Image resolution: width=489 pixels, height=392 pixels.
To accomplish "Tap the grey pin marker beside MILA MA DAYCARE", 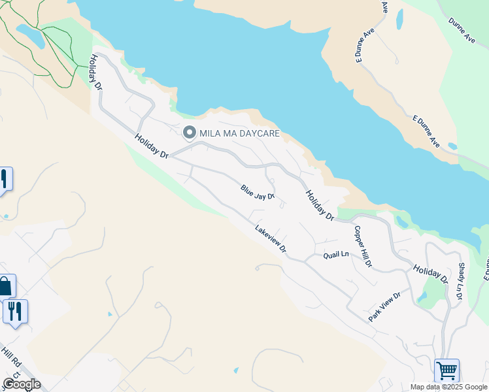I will click(x=190, y=133).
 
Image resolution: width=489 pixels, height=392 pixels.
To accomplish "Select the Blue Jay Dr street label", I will click(x=257, y=192).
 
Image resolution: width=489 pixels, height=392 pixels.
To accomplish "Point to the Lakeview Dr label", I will click(x=271, y=238).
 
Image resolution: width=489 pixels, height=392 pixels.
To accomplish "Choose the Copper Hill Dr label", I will click(x=363, y=247).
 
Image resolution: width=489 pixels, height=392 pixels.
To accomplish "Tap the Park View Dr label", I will click(x=384, y=307).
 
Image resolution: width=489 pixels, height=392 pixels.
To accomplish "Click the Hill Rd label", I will click(x=11, y=361).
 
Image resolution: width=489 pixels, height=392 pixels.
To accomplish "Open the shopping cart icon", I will click(x=447, y=371).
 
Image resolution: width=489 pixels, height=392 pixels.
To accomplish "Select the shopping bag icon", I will click(x=5, y=286).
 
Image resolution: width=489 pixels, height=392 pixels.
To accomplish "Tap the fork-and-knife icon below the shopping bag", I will click(x=15, y=311).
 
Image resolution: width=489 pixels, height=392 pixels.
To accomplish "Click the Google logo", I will click(x=21, y=384).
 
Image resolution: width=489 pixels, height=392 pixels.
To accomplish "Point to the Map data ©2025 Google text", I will click(x=448, y=387).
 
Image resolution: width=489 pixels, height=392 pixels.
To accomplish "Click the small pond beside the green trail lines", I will click(x=31, y=35).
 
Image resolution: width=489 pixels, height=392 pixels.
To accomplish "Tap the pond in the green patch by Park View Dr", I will click(x=422, y=297).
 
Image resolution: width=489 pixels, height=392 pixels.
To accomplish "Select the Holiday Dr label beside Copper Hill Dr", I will click(x=320, y=203).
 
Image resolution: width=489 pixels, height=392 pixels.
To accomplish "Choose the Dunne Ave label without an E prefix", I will click(x=462, y=30).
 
